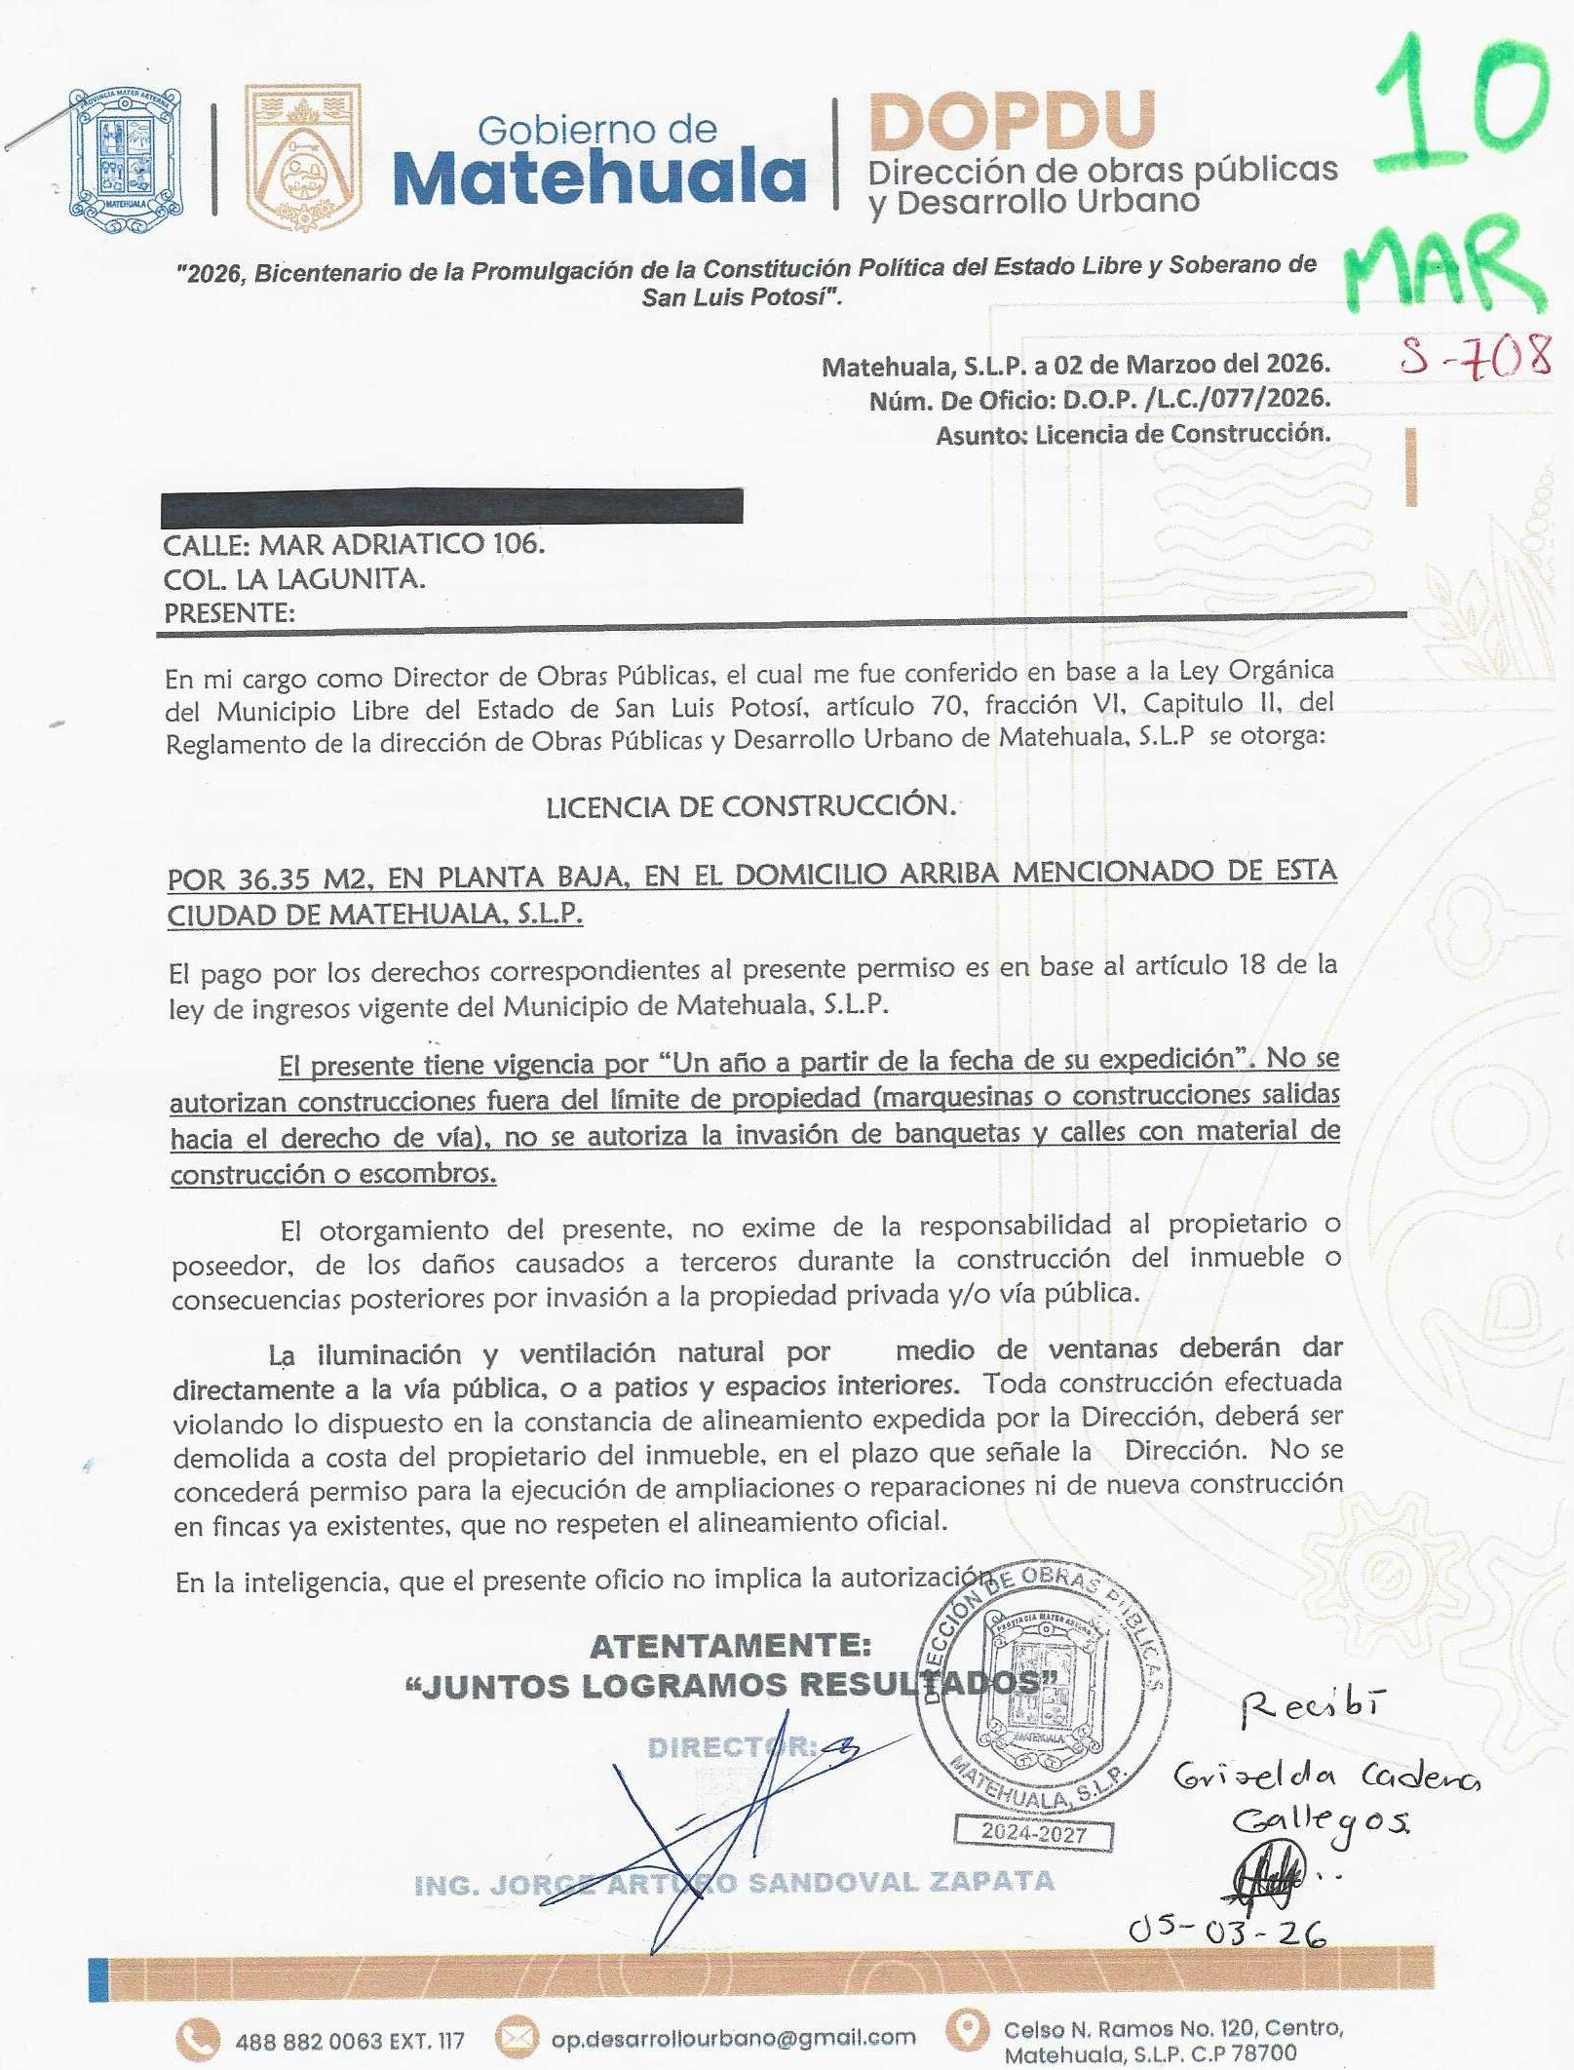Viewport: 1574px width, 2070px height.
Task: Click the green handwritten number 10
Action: [1459, 107]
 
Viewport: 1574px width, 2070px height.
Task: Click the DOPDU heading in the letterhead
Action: [1011, 123]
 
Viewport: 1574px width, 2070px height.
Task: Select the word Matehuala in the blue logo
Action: [599, 178]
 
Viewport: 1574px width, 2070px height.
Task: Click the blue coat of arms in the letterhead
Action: [126, 159]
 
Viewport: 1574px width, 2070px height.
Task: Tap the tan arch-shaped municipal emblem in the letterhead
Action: [303, 158]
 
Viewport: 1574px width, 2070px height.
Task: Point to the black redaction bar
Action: [451, 507]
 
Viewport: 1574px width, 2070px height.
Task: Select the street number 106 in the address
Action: [518, 543]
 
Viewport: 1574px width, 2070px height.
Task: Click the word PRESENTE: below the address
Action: [229, 613]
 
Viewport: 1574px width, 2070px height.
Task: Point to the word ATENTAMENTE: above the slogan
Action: [730, 1646]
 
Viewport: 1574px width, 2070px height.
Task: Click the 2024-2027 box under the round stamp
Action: [1033, 1833]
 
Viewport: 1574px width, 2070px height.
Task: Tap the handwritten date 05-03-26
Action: [1227, 1932]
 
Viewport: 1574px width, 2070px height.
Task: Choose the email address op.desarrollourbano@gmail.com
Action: [733, 2038]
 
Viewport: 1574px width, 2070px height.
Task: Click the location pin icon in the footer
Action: [967, 2030]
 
